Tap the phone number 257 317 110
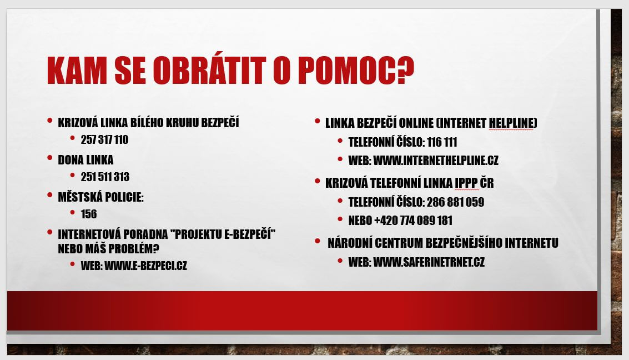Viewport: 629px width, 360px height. point(104,139)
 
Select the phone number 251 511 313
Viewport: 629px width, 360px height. point(105,177)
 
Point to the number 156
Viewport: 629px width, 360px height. point(89,214)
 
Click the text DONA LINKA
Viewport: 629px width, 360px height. point(85,160)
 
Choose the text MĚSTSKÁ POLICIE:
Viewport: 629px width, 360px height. point(100,197)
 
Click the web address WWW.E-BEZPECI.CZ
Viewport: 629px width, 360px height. point(147,266)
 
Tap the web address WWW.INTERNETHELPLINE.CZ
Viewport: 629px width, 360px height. point(436,161)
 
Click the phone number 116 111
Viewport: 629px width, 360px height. point(442,142)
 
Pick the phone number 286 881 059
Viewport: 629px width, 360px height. point(456,202)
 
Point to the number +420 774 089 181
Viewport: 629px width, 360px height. point(414,221)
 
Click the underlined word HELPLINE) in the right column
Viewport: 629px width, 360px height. point(512,123)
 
